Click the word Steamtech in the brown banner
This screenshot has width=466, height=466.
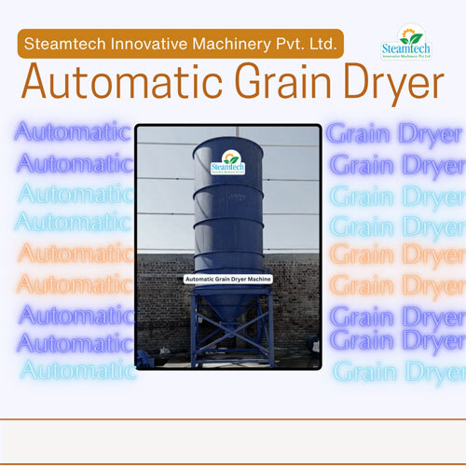(x=66, y=43)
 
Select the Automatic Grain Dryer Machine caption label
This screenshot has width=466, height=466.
(x=228, y=279)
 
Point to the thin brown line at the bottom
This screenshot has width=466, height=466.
(x=233, y=420)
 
